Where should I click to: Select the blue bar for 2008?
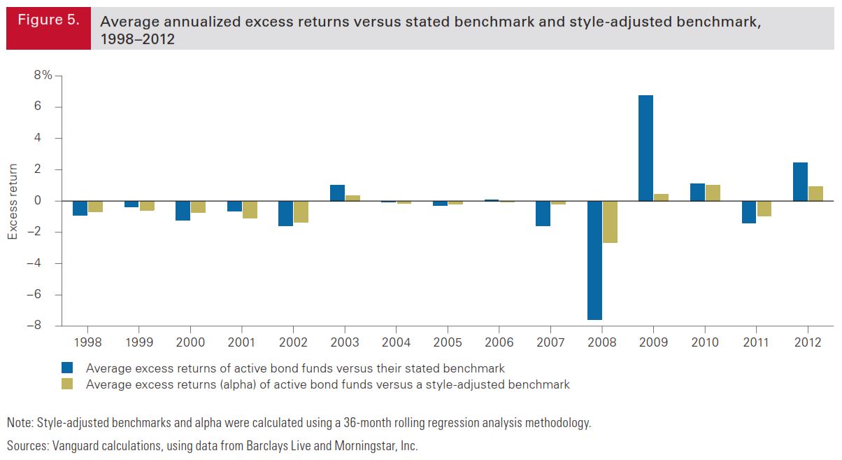coord(594,260)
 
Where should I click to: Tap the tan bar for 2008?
coord(610,222)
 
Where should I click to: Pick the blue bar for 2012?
coord(800,182)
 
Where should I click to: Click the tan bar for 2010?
coord(713,193)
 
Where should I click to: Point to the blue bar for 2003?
coord(337,193)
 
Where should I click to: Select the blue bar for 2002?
coord(285,214)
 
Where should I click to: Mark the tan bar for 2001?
coord(250,209)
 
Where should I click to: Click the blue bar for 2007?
coord(543,214)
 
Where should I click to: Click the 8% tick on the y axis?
coord(44,76)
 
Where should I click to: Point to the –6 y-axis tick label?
coord(44,295)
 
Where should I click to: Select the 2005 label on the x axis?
coord(448,342)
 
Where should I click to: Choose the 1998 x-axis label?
coord(87,342)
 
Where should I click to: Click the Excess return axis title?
coord(13,202)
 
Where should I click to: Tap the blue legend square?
coord(67,368)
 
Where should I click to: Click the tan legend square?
coord(67,384)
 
